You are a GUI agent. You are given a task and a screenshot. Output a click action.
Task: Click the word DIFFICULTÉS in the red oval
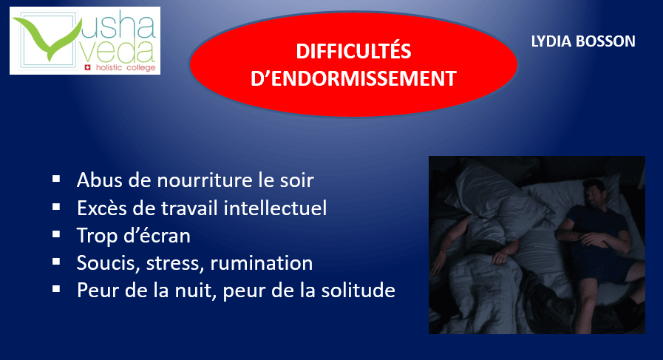click(x=353, y=51)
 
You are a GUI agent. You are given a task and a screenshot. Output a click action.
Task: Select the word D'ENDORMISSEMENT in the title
click(x=353, y=78)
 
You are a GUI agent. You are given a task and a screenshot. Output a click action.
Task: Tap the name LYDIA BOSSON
click(x=583, y=41)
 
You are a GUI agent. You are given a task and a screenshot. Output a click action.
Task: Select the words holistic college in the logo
click(x=126, y=68)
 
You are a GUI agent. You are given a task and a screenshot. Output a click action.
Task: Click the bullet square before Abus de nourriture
click(x=56, y=179)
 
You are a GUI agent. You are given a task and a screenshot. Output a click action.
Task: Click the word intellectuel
click(x=275, y=208)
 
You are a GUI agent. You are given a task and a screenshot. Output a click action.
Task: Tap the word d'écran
click(x=157, y=236)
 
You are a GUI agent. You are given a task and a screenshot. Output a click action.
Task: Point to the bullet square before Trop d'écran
click(x=56, y=234)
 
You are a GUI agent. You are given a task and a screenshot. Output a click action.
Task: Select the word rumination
click(x=262, y=262)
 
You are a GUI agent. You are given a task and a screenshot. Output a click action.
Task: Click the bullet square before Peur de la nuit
click(x=56, y=289)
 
